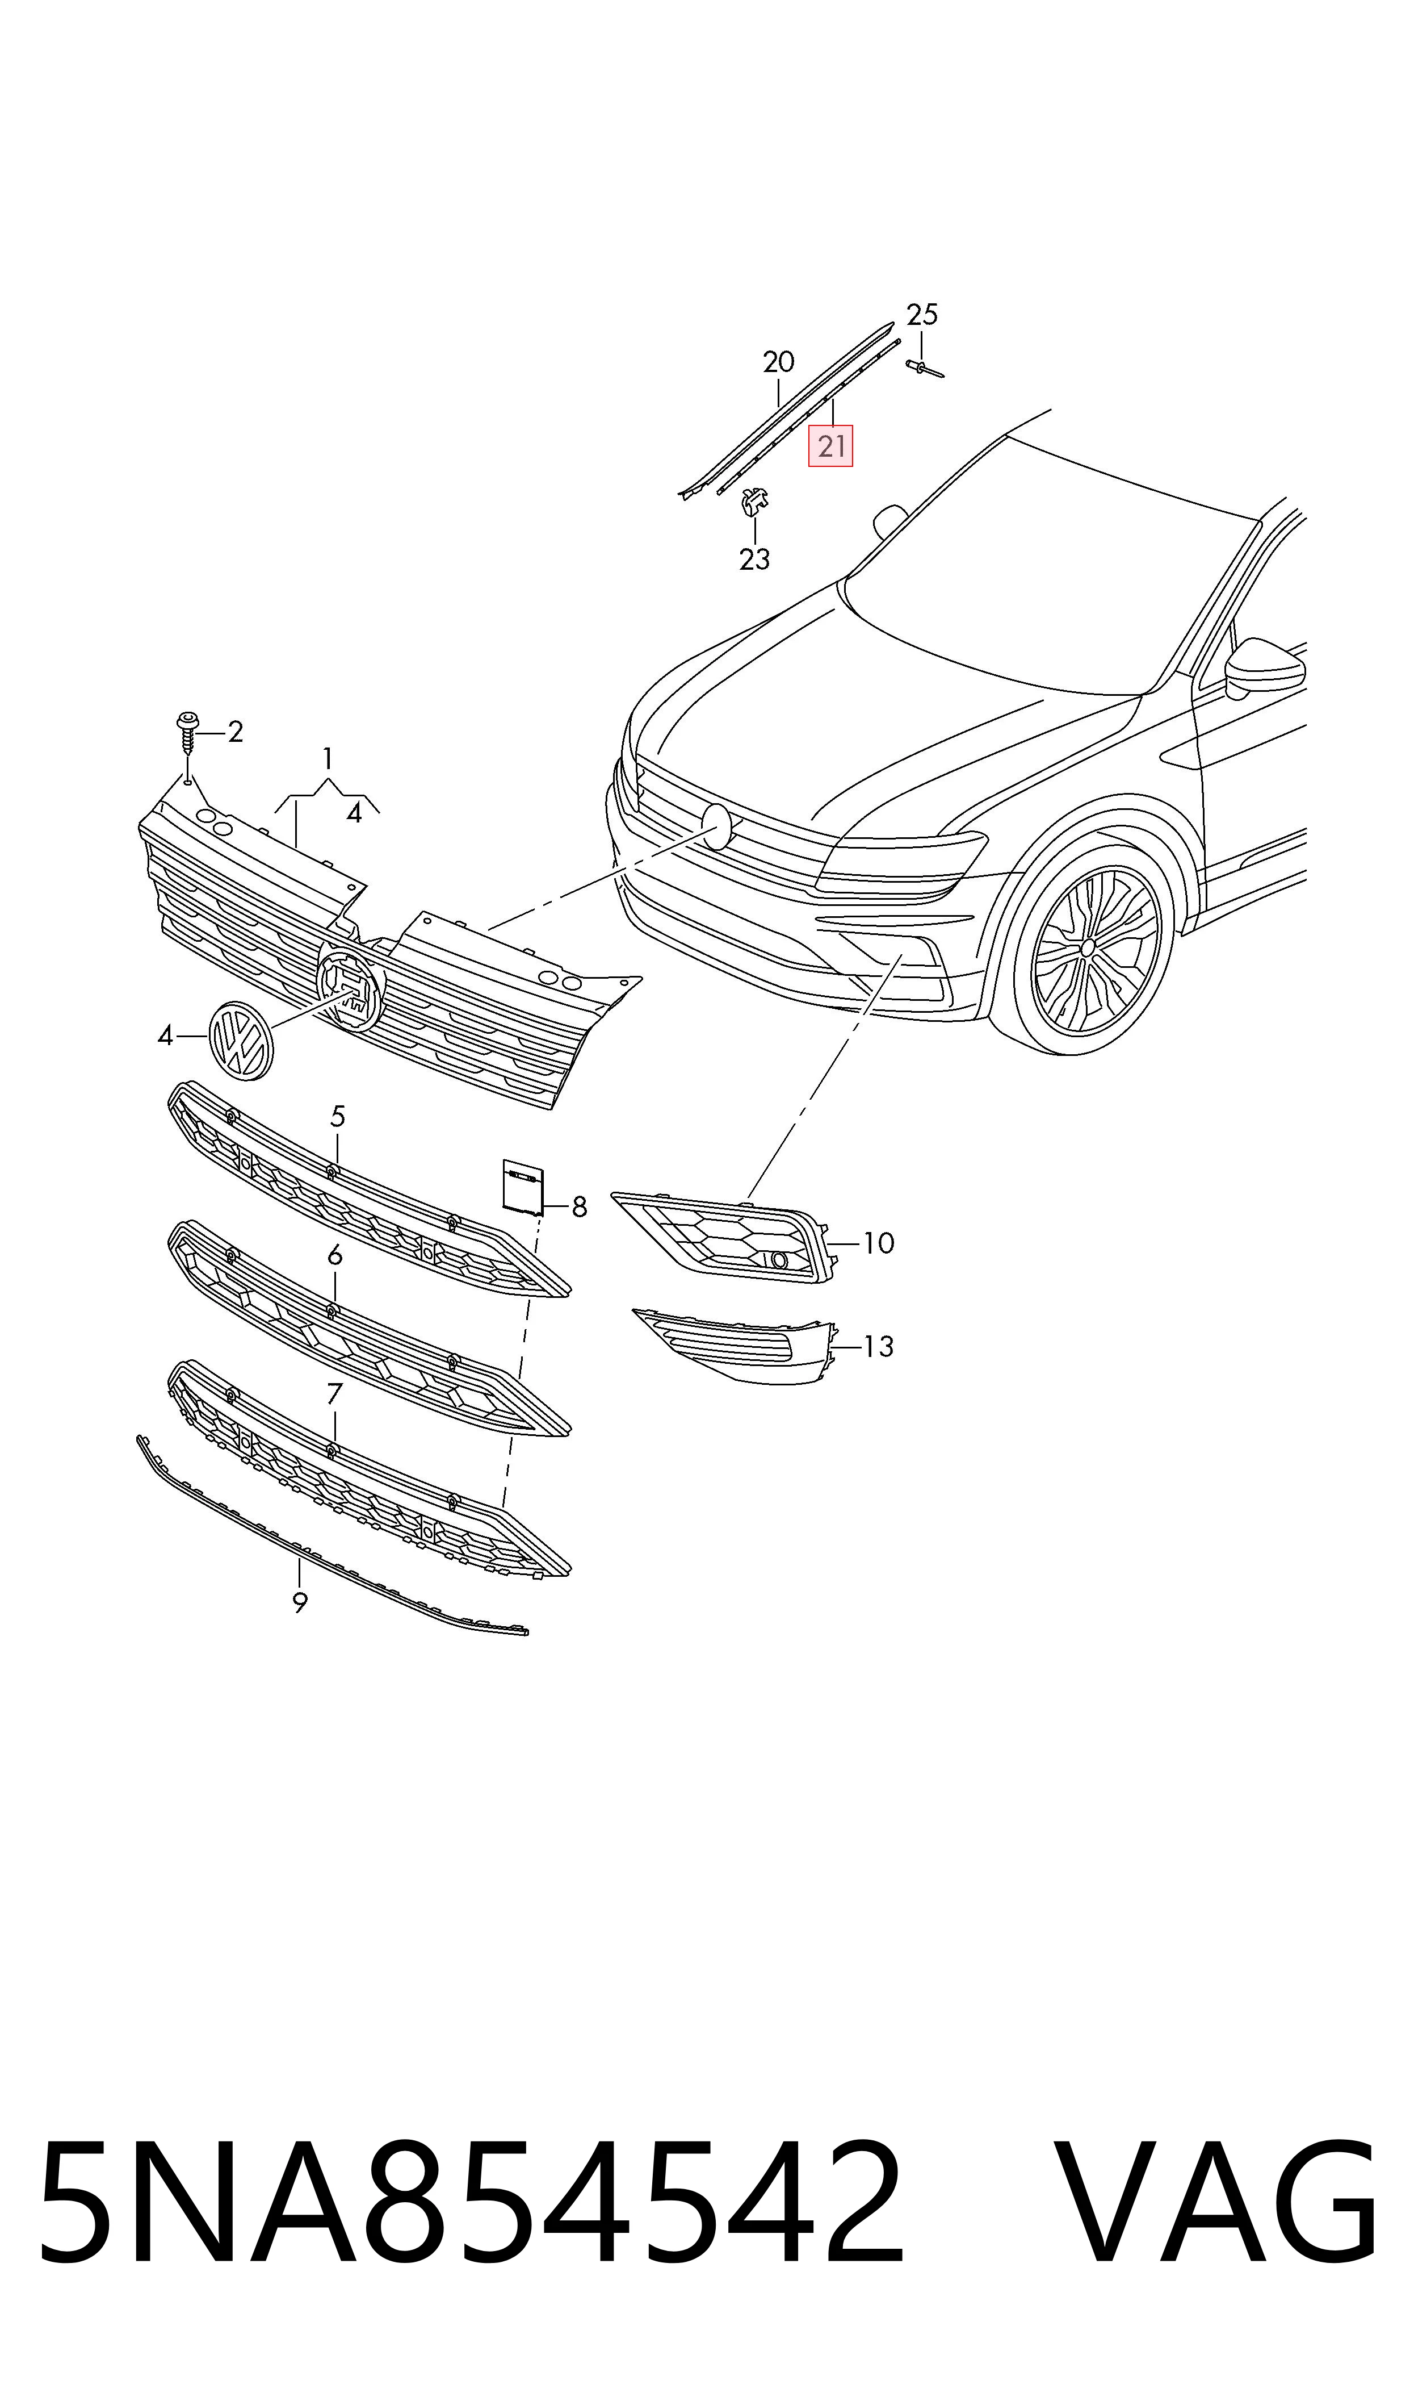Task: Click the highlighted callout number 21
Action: [831, 446]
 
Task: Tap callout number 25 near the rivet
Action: [921, 315]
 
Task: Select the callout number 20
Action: [778, 362]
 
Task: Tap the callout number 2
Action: [236, 732]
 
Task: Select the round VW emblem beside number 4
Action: [240, 1040]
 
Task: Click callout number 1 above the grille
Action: [327, 759]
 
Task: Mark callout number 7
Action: [334, 1394]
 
